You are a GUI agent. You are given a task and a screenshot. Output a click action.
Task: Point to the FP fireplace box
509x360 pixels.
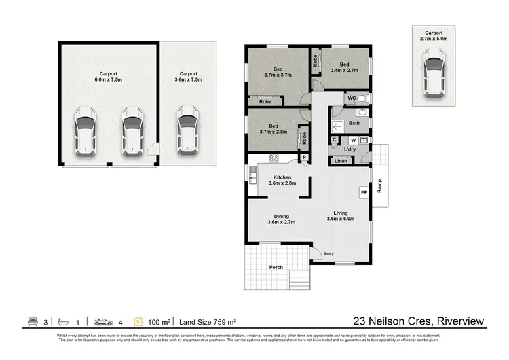364,193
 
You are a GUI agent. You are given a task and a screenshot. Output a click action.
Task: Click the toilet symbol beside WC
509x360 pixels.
360,98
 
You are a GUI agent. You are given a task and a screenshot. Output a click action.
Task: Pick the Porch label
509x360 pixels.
276,267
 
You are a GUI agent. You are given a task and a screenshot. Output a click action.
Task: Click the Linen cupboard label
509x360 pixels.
341,161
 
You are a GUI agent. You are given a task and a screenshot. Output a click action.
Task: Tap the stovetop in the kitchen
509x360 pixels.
275,159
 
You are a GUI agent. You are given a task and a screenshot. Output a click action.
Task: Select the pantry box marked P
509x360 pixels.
305,158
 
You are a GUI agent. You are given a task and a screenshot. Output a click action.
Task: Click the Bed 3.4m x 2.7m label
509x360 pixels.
339,66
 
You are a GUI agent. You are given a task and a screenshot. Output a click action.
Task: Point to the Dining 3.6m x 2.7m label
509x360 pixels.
276,219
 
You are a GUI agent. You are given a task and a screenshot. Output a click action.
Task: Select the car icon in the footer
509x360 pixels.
104,321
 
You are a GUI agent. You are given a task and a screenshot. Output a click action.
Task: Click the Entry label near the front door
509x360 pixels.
329,254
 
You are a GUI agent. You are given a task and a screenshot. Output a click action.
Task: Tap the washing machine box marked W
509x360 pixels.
353,140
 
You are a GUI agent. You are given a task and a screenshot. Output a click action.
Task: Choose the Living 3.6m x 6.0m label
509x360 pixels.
340,216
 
